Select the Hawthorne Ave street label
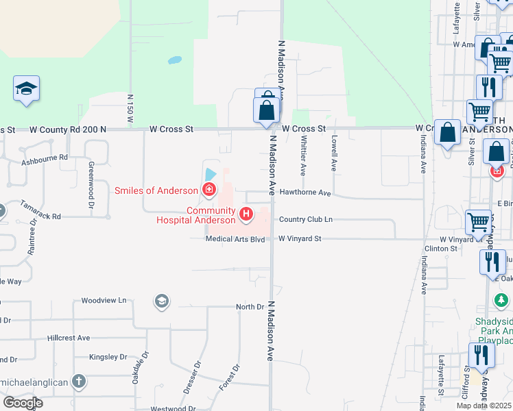point(305,193)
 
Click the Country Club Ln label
point(305,219)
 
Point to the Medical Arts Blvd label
point(235,239)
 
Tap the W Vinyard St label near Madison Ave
point(300,239)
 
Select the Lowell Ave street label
point(334,152)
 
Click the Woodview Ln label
point(104,300)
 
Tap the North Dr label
point(250,307)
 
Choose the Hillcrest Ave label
point(69,338)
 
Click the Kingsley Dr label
point(108,357)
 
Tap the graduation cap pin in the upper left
point(26,88)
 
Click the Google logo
point(23,403)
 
